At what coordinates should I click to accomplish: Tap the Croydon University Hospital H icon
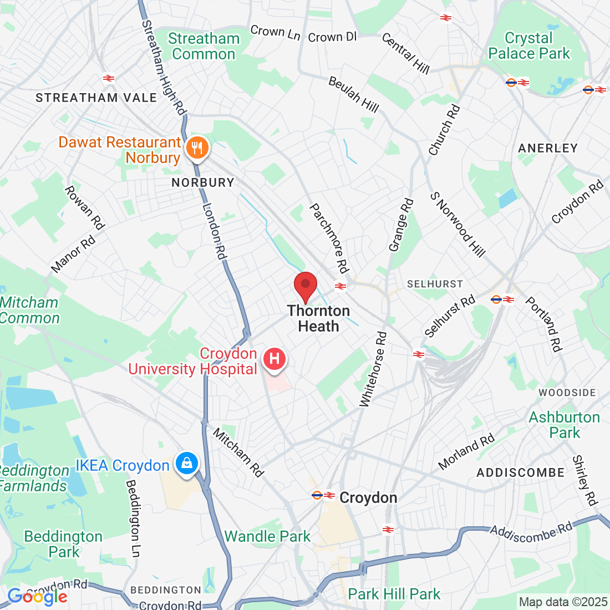point(274,359)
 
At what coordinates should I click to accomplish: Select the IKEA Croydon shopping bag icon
point(187,463)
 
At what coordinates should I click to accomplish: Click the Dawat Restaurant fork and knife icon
point(196,148)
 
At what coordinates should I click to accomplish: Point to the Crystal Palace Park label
point(529,46)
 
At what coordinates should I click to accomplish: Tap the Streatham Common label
point(204,47)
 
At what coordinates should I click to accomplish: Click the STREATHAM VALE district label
point(96,98)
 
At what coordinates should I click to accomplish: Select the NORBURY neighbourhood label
point(203,182)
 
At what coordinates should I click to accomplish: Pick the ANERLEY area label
point(548,148)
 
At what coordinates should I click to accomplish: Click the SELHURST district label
point(435,284)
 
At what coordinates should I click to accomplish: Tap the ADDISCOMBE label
point(521,472)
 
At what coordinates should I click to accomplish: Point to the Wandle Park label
point(267,536)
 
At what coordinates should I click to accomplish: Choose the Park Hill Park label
point(394,594)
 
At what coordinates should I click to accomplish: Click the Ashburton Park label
point(565,425)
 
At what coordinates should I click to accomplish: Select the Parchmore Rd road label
point(329,238)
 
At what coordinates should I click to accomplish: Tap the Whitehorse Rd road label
point(373,369)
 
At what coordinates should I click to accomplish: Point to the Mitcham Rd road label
point(238,453)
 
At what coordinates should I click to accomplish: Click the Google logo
point(38,597)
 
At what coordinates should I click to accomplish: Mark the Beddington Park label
point(63,544)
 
